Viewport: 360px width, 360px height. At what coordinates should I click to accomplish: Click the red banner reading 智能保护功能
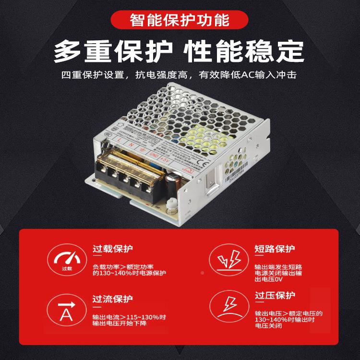(180, 21)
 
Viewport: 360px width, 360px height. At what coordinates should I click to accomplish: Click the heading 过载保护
(113, 249)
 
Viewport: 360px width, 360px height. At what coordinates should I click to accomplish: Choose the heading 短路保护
(275, 249)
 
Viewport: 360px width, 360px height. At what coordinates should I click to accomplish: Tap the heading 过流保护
(113, 299)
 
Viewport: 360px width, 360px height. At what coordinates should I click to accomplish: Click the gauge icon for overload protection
(67, 262)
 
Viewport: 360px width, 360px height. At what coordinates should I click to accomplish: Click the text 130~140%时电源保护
(129, 273)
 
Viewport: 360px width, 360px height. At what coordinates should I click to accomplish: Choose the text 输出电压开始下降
(119, 324)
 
